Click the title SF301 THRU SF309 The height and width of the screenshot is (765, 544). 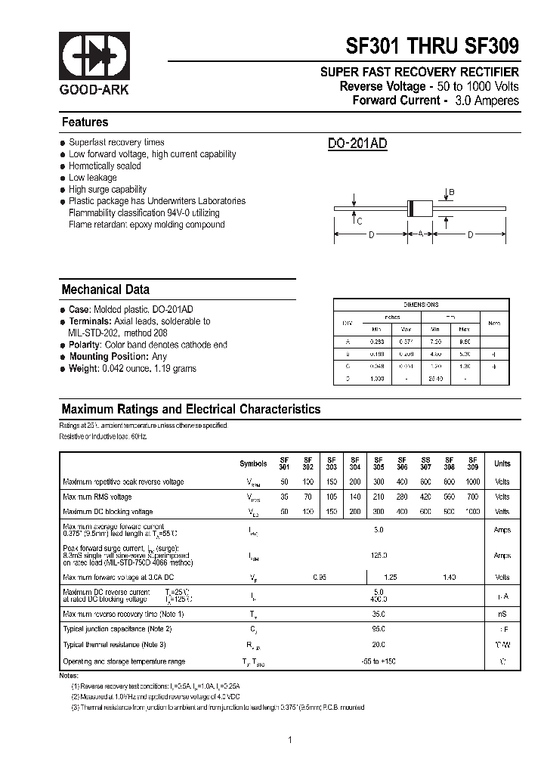pyautogui.click(x=432, y=46)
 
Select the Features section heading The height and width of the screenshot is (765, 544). pyautogui.click(x=85, y=122)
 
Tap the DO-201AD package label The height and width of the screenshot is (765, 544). pyautogui.click(x=357, y=144)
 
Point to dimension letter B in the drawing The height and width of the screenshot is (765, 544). pyautogui.click(x=452, y=193)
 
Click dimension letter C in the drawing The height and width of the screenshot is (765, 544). pyautogui.click(x=360, y=221)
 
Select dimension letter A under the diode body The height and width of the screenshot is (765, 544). pyautogui.click(x=420, y=235)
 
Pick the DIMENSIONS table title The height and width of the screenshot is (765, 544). pyautogui.click(x=421, y=305)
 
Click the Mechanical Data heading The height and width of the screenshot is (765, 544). pyautogui.click(x=105, y=290)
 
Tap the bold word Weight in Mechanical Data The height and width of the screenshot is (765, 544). pyautogui.click(x=83, y=368)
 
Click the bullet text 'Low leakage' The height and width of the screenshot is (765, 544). pyautogui.click(x=92, y=178)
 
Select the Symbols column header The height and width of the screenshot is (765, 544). pyautogui.click(x=253, y=463)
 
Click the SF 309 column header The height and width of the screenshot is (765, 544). pyautogui.click(x=472, y=463)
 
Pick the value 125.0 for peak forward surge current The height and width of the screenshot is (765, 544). pyautogui.click(x=379, y=555)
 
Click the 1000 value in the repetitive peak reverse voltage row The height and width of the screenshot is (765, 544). pyautogui.click(x=472, y=482)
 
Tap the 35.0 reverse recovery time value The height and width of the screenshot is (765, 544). pyautogui.click(x=379, y=614)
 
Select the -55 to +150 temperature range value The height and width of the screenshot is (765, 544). pyautogui.click(x=379, y=661)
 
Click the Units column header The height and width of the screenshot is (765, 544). pyautogui.click(x=502, y=463)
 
